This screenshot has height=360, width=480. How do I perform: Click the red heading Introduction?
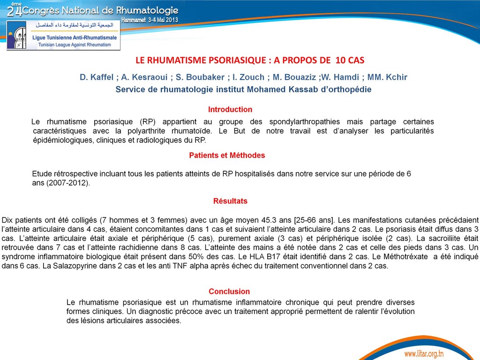pyautogui.click(x=230, y=110)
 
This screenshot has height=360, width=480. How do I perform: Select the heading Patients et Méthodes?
pyautogui.click(x=227, y=155)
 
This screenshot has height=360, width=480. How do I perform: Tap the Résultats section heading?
pyautogui.click(x=230, y=201)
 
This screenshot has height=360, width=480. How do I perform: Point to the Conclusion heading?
pyautogui.click(x=229, y=292)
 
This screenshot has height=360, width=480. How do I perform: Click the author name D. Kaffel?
pyautogui.click(x=96, y=77)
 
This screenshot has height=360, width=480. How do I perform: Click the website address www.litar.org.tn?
pyautogui.click(x=424, y=353)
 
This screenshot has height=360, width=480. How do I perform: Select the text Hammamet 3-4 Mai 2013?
pyautogui.click(x=150, y=20)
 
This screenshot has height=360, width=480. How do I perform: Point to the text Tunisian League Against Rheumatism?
pyautogui.click(x=71, y=45)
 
